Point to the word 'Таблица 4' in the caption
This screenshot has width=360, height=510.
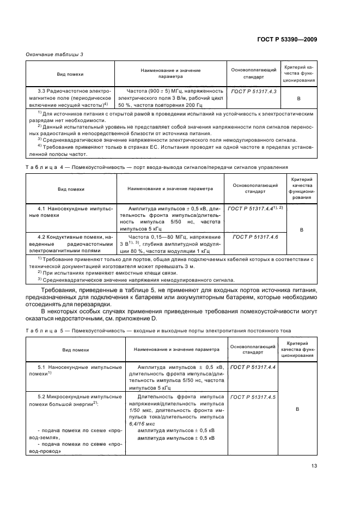(x=41, y=167)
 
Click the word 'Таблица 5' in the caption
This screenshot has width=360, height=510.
(x=41, y=330)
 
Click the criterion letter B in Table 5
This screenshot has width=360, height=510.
(x=299, y=408)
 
